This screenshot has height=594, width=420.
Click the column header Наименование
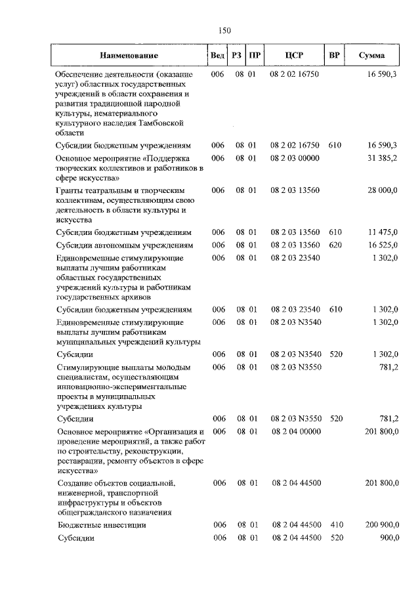click(x=129, y=56)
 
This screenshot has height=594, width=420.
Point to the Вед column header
click(x=217, y=56)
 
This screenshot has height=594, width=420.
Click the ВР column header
click(x=334, y=56)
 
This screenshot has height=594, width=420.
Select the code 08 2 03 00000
click(x=294, y=158)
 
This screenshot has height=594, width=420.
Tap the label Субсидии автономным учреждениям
click(x=125, y=245)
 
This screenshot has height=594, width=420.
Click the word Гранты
click(x=70, y=190)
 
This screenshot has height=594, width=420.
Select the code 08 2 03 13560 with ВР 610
click(x=294, y=232)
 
